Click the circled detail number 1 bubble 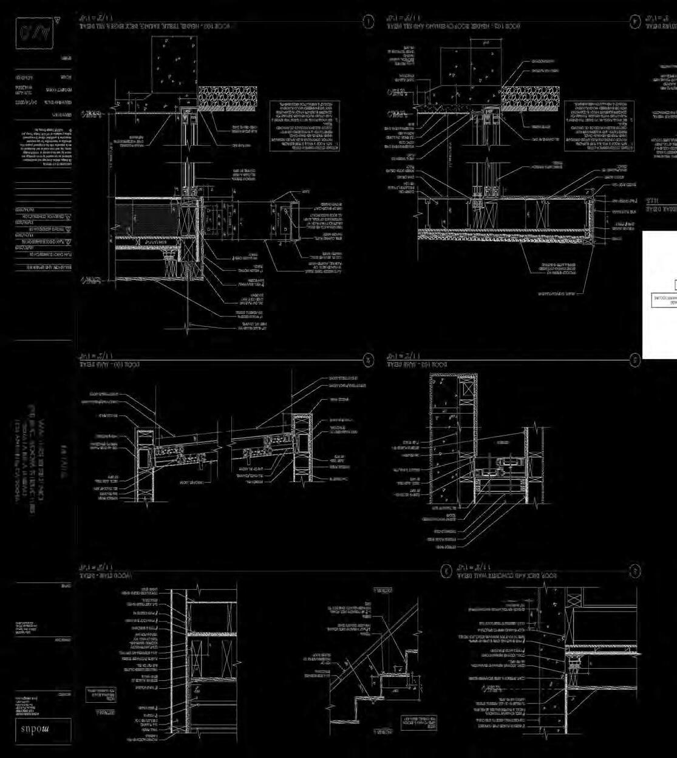(368, 22)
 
